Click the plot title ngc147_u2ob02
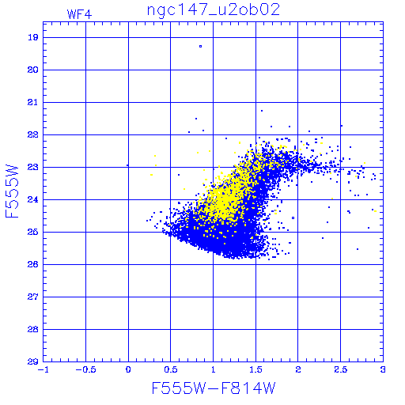click(214, 10)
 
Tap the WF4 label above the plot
click(79, 14)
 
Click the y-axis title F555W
click(12, 191)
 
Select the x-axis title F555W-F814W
click(214, 388)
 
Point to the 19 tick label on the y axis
click(33, 37)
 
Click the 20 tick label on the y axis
click(33, 70)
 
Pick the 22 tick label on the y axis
click(33, 134)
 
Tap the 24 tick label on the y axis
click(33, 199)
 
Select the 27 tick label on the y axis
click(33, 297)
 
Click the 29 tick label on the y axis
click(33, 361)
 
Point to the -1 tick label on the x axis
click(44, 369)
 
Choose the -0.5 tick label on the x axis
click(85, 369)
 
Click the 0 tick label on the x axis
click(128, 369)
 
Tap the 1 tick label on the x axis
click(214, 369)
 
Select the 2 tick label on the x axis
click(298, 369)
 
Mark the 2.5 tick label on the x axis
click(341, 369)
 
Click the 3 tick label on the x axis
click(383, 369)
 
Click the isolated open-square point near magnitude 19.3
click(201, 47)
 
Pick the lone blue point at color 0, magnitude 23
click(127, 165)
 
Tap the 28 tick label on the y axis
click(33, 329)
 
